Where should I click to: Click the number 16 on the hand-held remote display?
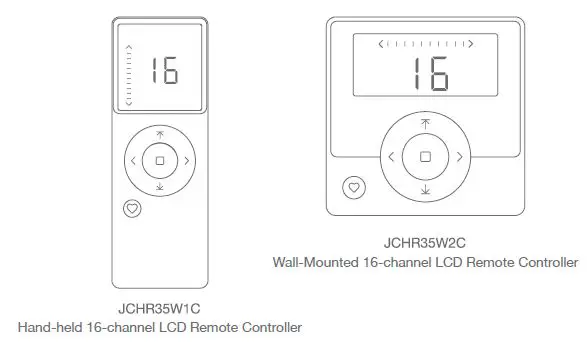tap(164, 71)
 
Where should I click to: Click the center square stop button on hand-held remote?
tap(159, 160)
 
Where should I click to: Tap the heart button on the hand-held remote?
tap(132, 209)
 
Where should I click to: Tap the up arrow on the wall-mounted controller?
tap(425, 124)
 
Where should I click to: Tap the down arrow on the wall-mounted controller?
tap(425, 190)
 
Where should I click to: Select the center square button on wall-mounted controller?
tap(425, 157)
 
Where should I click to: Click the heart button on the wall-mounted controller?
tap(352, 187)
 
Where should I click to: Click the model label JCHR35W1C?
tap(159, 308)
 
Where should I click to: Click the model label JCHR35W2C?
tap(425, 243)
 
